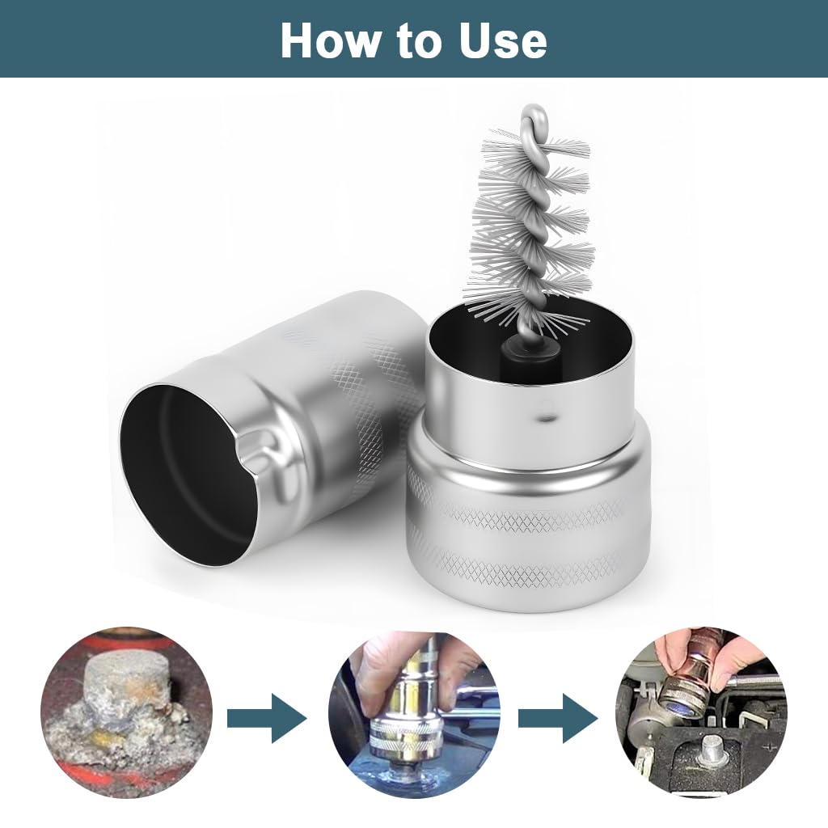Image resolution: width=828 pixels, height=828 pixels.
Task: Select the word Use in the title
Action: click(503, 40)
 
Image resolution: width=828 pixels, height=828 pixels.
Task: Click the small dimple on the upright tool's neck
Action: click(544, 418)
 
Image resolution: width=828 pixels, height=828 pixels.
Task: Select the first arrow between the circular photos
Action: click(267, 718)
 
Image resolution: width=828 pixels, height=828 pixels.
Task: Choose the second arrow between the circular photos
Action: click(558, 718)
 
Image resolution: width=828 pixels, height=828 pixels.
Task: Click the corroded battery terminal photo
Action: click(127, 713)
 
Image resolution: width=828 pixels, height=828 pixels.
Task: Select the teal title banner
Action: click(414, 39)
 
